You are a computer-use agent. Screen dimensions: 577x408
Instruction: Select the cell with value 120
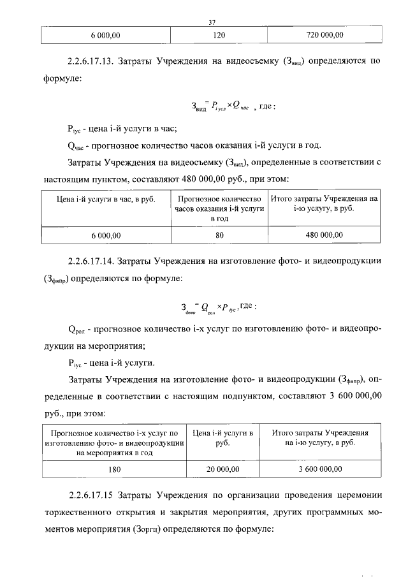[x=220, y=34]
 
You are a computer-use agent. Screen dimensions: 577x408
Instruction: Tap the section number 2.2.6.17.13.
[x=92, y=62]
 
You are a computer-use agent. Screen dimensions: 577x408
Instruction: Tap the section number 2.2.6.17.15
[x=92, y=495]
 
